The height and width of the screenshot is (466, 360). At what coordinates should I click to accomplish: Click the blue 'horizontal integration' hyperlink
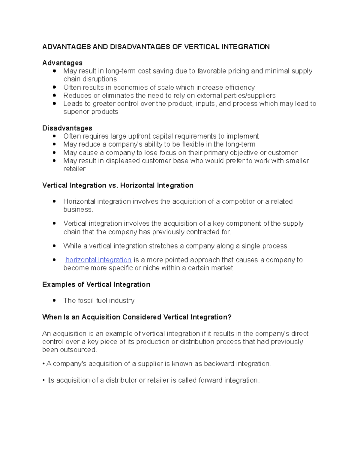(98, 260)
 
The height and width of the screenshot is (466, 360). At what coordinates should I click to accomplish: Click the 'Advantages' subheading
(62, 63)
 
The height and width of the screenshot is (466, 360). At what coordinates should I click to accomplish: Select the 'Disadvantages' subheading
(67, 128)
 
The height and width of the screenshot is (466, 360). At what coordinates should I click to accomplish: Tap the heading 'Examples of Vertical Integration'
(96, 284)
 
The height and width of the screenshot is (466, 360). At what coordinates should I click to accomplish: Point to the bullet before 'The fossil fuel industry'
(54, 300)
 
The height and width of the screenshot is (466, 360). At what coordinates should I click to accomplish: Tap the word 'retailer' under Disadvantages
(74, 169)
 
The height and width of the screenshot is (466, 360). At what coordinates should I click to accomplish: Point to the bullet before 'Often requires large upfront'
(54, 136)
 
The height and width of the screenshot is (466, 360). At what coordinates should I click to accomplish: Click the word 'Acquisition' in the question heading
(101, 317)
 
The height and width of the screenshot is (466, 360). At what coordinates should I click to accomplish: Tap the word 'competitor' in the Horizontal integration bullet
(238, 201)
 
